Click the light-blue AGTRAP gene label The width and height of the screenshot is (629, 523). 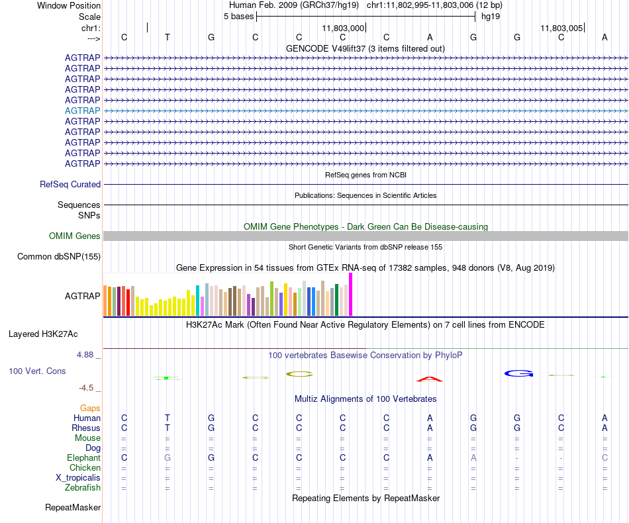point(83,111)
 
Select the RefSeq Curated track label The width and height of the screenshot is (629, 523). point(70,185)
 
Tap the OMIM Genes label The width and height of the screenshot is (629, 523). point(75,236)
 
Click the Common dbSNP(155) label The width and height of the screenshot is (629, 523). point(59,257)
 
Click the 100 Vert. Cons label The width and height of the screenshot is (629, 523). point(37,371)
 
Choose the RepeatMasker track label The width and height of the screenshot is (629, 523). point(73,508)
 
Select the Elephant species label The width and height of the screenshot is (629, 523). point(83,458)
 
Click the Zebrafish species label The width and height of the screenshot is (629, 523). point(83,488)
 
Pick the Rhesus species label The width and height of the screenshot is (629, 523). point(86,428)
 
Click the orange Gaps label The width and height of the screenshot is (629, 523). point(90,408)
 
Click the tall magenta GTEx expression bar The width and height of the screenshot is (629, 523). point(351,295)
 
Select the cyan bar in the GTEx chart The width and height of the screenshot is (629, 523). point(198,301)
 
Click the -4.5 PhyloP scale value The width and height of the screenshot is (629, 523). point(89,388)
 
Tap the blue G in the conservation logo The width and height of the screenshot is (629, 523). point(518,374)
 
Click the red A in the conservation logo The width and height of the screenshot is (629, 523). point(429,379)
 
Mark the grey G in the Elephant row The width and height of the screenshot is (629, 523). point(168,458)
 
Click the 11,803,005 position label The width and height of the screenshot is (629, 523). point(561,28)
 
